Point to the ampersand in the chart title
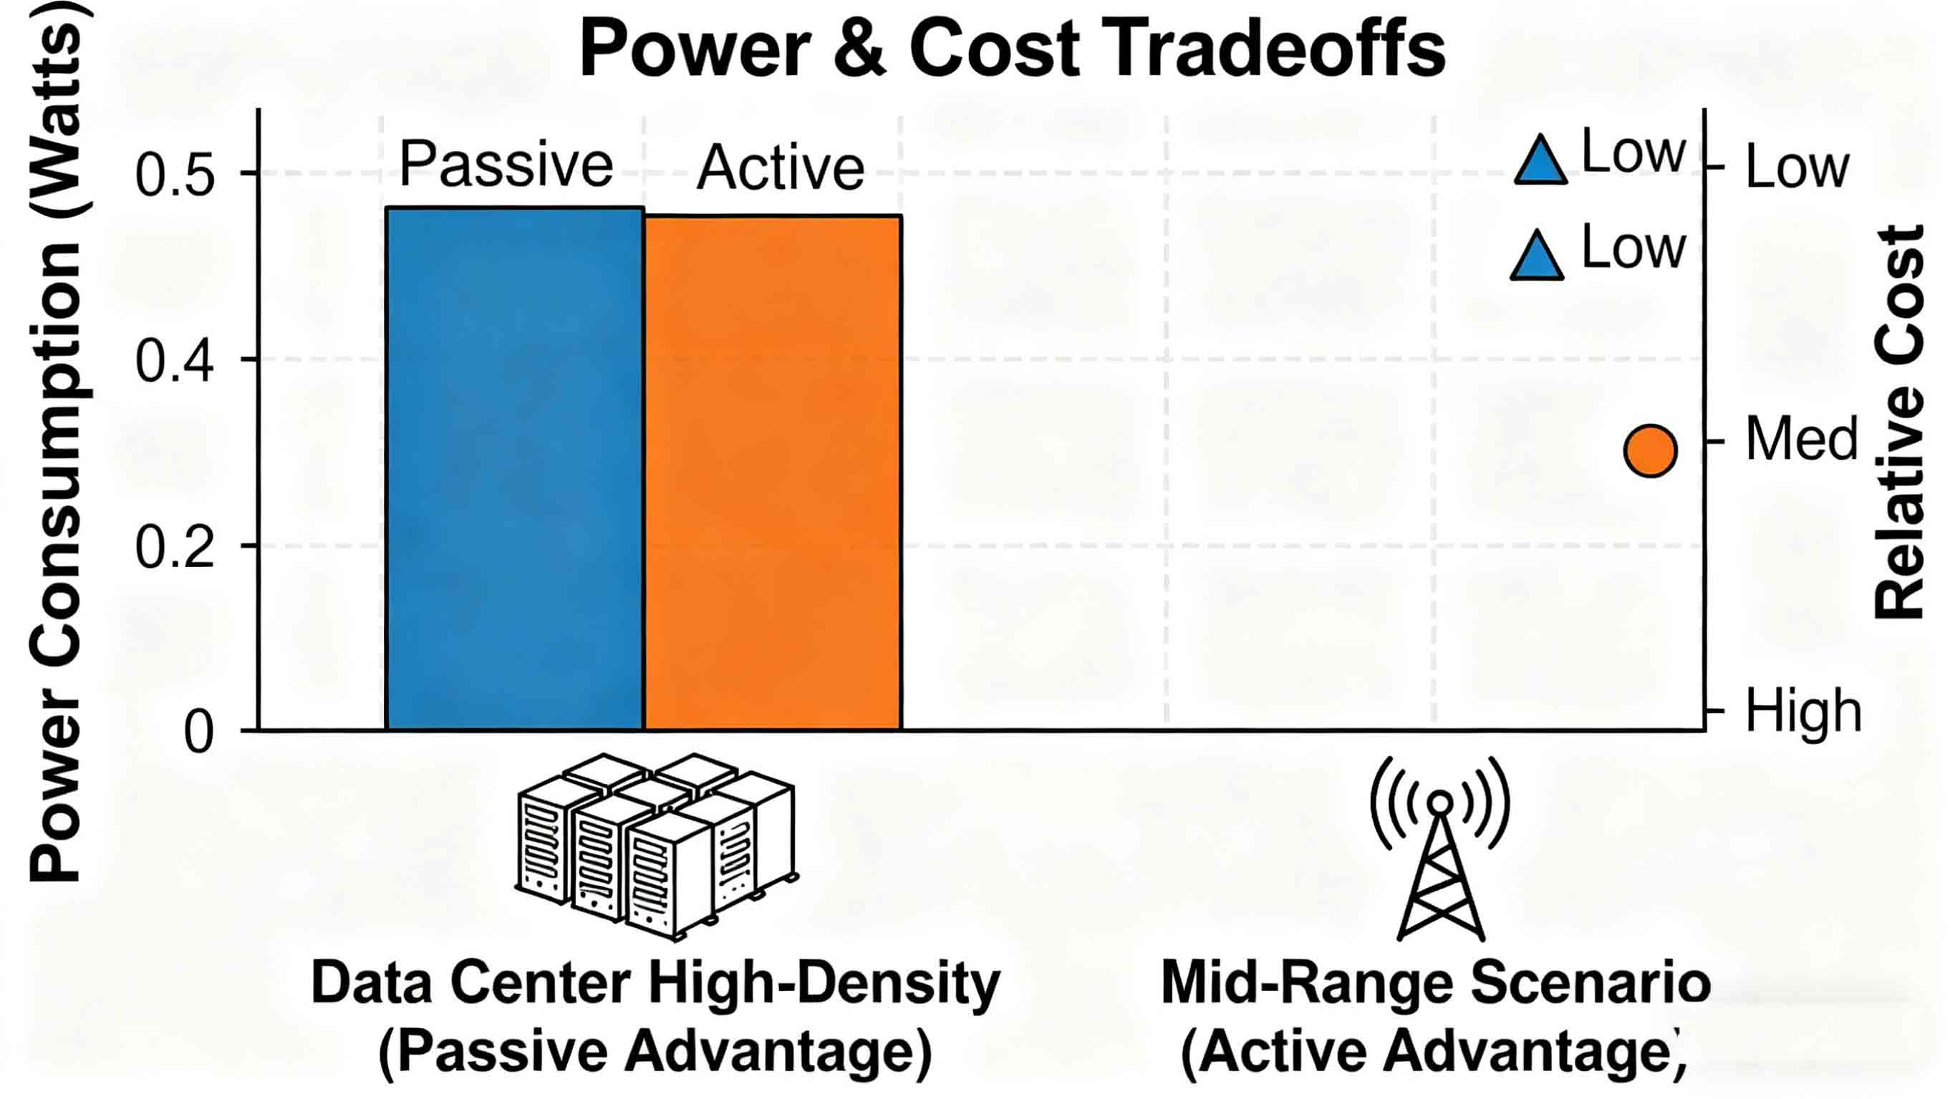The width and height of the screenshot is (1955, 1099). (859, 50)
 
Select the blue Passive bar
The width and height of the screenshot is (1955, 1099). (515, 468)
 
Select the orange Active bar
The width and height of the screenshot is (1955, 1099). (773, 473)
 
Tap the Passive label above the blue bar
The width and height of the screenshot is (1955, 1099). (506, 164)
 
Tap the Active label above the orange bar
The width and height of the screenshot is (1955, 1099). (780, 167)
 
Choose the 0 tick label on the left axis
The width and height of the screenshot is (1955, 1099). (199, 733)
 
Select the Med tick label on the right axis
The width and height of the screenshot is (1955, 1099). (1802, 439)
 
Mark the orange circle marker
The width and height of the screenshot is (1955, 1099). (1650, 451)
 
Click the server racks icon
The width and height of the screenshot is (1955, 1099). (656, 846)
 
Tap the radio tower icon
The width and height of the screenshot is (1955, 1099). (1439, 848)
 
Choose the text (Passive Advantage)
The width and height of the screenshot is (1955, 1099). (655, 1052)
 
